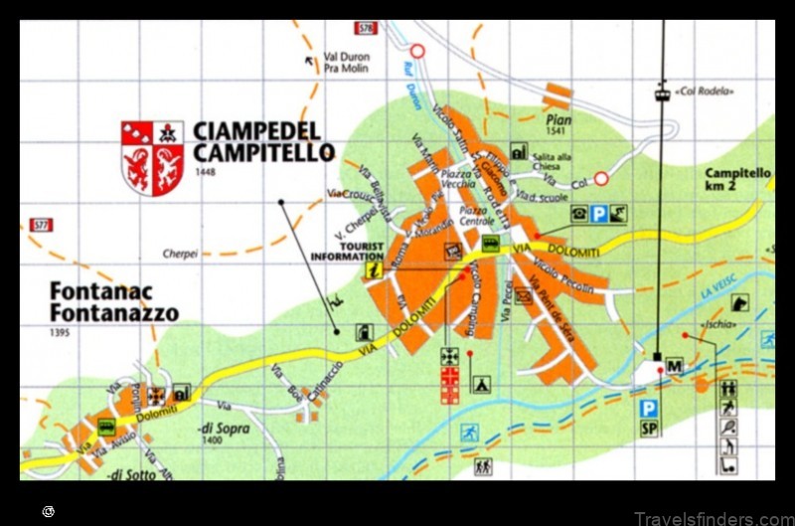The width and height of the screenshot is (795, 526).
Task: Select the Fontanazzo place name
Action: coord(114,314)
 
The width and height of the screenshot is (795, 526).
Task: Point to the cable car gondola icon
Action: coord(661,94)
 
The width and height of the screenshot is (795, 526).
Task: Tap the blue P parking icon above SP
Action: coord(649,408)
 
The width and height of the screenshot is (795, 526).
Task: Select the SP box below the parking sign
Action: coord(650,430)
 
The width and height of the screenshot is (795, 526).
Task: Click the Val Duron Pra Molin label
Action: coord(347,62)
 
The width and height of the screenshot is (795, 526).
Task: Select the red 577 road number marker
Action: coord(41,225)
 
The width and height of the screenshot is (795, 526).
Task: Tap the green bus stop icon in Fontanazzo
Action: coord(105,428)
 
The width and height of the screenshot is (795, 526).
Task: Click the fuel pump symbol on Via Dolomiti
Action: coord(363,333)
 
